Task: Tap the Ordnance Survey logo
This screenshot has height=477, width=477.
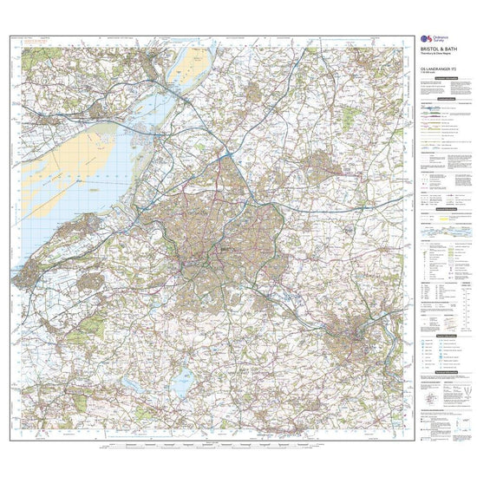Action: click(425, 40)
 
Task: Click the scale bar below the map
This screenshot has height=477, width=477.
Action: click(208, 446)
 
